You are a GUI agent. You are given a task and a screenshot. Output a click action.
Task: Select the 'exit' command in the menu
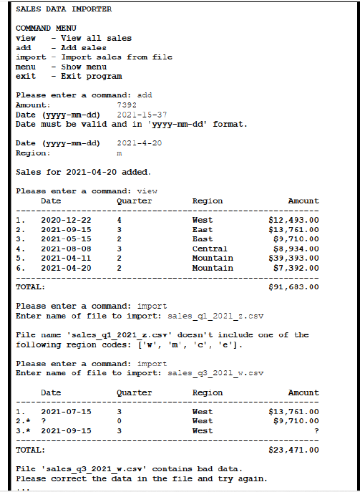[25, 76]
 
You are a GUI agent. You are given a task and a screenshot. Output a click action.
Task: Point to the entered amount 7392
[126, 105]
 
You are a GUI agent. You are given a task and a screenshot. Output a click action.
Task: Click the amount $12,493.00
[293, 219]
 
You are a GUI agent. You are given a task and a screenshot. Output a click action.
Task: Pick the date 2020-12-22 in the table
[66, 219]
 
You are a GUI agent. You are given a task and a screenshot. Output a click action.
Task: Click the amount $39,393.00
[293, 258]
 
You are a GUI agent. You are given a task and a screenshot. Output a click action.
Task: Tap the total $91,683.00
[293, 287]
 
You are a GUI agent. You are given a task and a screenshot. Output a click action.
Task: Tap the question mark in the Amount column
[316, 431]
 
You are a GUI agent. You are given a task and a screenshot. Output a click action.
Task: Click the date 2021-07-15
[66, 412]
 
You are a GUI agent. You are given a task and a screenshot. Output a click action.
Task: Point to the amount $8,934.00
[296, 249]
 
